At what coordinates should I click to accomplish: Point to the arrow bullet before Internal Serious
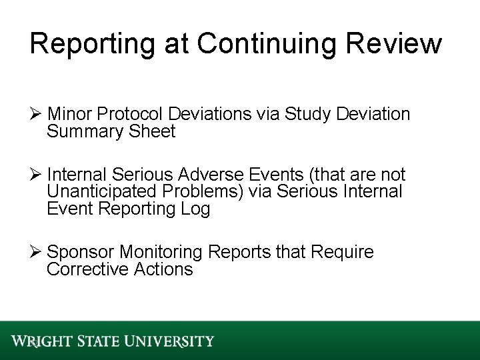pos(37,175)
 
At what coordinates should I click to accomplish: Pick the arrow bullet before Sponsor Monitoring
pos(37,253)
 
